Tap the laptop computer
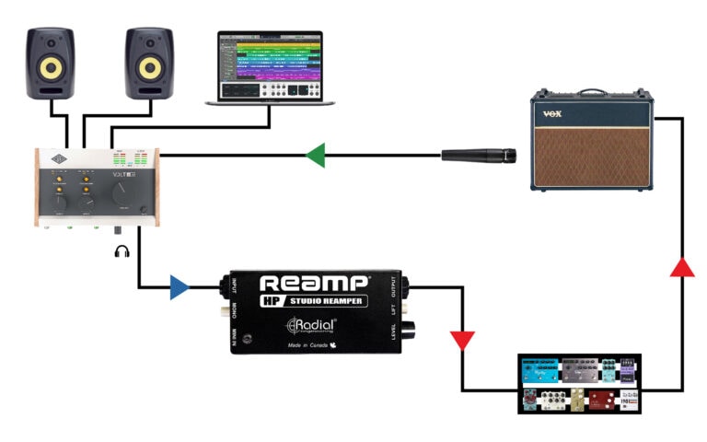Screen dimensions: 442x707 [270, 68]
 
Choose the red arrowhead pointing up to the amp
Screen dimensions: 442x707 [681, 267]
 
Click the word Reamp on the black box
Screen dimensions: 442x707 [314, 284]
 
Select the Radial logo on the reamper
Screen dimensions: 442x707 [312, 325]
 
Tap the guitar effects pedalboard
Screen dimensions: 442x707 [581, 385]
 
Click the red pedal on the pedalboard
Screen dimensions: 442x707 [602, 401]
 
